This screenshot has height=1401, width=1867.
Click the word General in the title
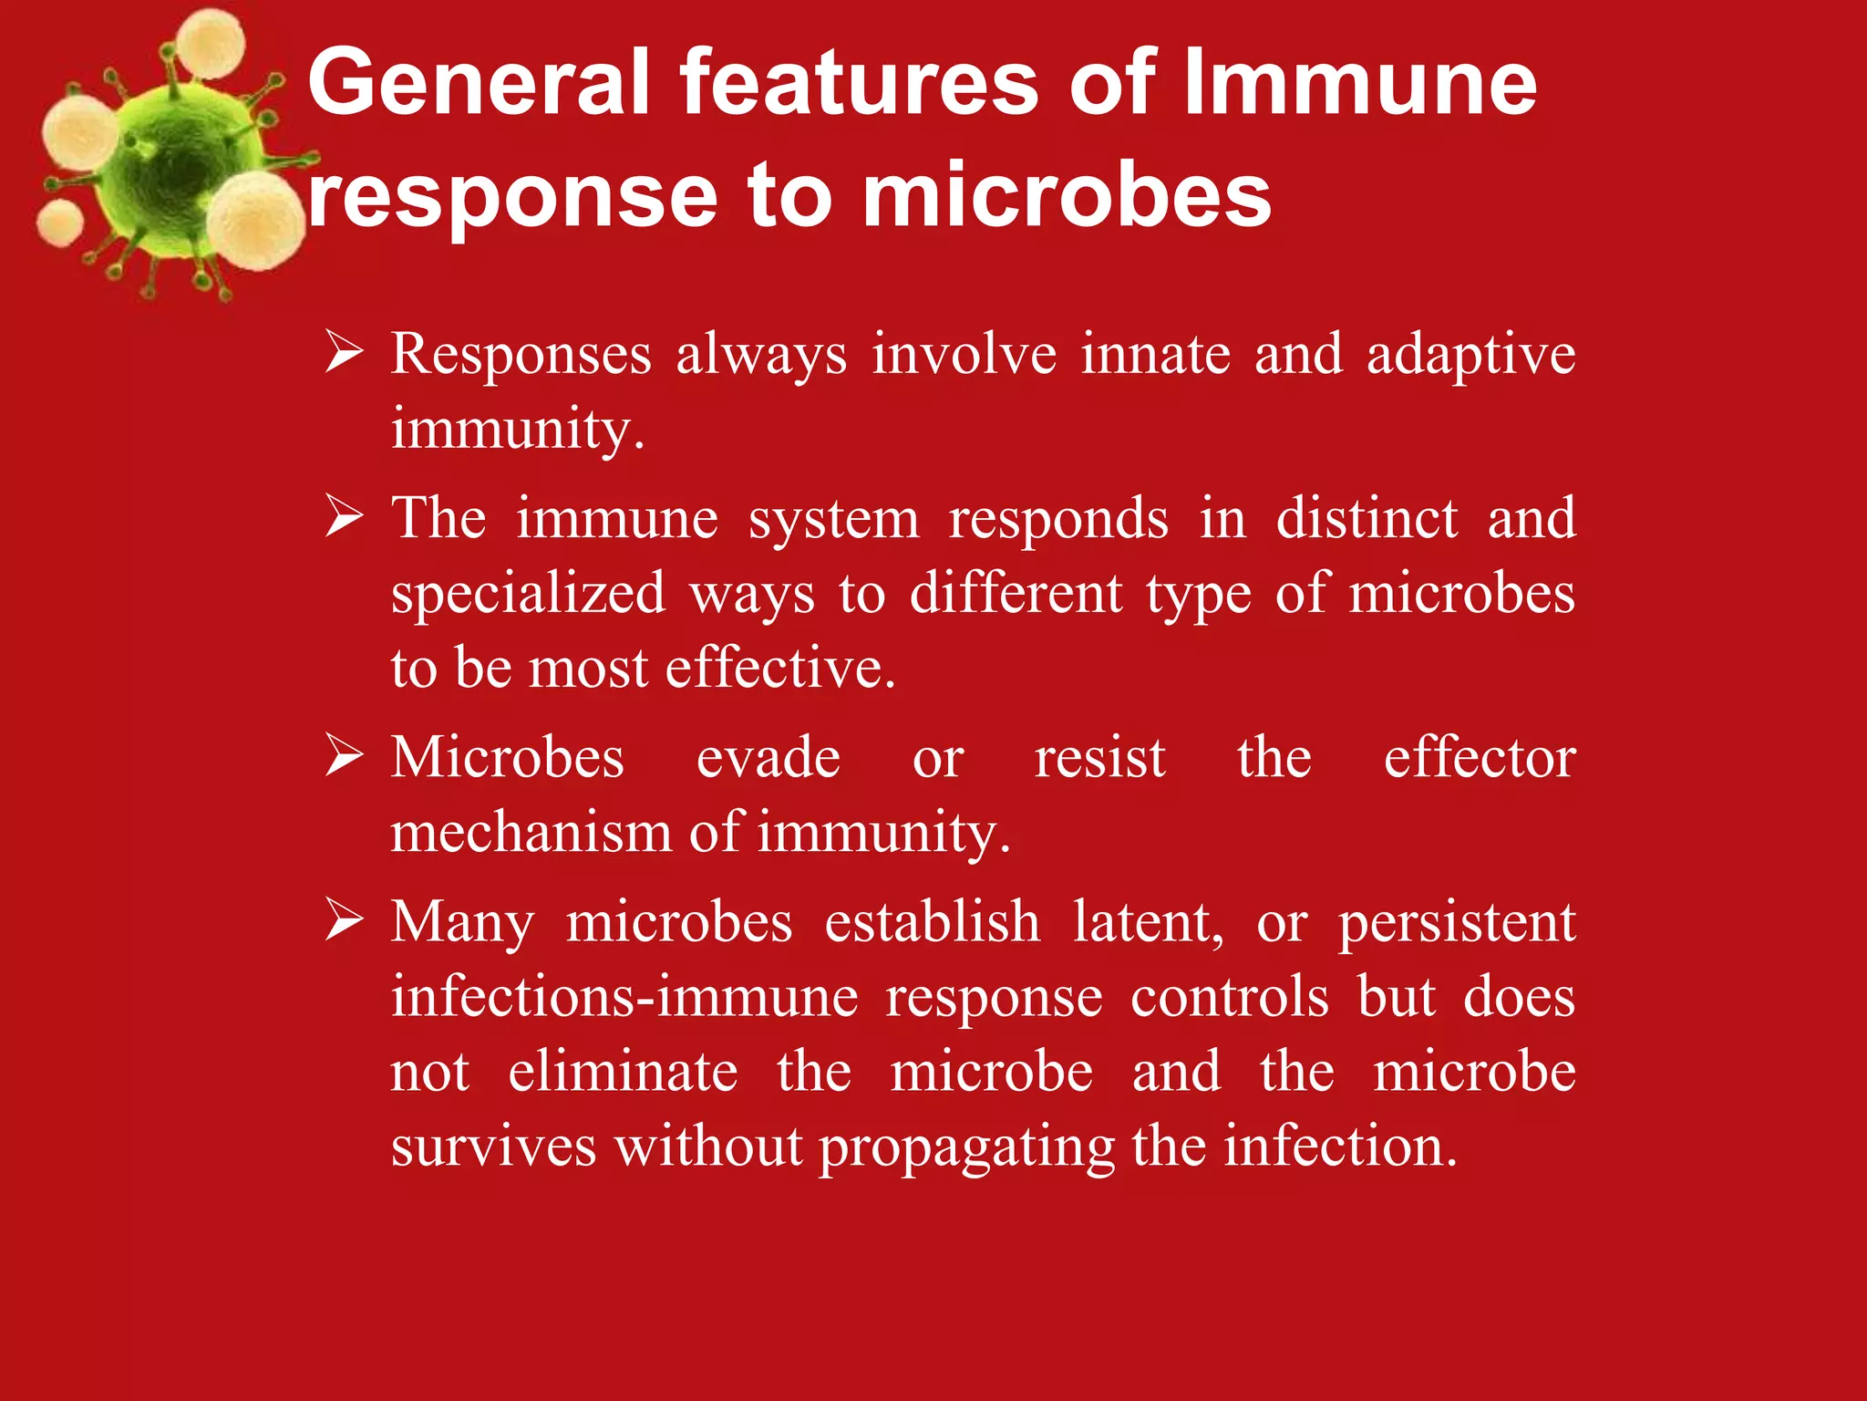[x=479, y=84]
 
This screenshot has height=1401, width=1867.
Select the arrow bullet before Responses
[x=345, y=353]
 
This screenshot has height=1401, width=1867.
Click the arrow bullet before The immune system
[x=345, y=518]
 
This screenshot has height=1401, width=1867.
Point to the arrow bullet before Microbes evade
[x=345, y=757]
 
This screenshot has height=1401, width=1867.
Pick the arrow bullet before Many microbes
[x=345, y=921]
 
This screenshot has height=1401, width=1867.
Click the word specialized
[x=529, y=595]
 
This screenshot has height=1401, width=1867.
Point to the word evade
[x=768, y=758]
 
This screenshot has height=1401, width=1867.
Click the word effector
[x=1479, y=758]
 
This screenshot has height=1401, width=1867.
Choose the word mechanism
[x=531, y=832]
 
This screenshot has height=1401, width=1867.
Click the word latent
[x=1148, y=922]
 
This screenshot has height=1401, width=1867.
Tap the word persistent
[x=1456, y=924]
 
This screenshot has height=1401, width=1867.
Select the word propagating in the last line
[x=967, y=1147]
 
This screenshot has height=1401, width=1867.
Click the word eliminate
[x=623, y=1072]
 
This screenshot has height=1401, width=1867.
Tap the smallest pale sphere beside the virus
[x=60, y=223]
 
